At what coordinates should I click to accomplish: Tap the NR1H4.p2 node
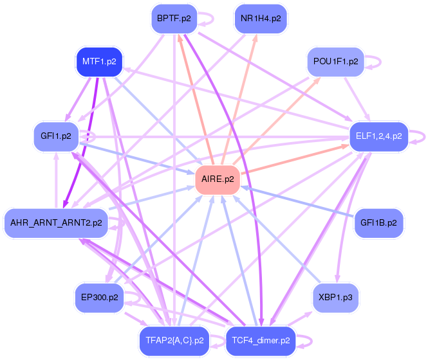pos(261,19)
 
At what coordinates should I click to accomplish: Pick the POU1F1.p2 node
pos(335,62)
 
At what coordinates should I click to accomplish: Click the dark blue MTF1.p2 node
pos(99,62)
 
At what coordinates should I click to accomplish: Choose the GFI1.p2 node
pos(55,136)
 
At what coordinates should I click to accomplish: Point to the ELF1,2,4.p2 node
pos(378,136)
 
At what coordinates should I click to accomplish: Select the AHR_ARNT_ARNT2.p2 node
pos(56,223)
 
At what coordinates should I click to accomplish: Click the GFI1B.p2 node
pos(378,223)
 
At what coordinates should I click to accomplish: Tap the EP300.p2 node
pos(99,298)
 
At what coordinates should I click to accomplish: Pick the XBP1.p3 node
pos(335,298)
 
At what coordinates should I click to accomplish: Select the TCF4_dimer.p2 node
pos(261,341)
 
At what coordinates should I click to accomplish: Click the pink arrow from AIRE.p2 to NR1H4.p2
pos(242,96)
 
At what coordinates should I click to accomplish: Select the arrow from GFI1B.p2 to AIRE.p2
pos(302,202)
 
